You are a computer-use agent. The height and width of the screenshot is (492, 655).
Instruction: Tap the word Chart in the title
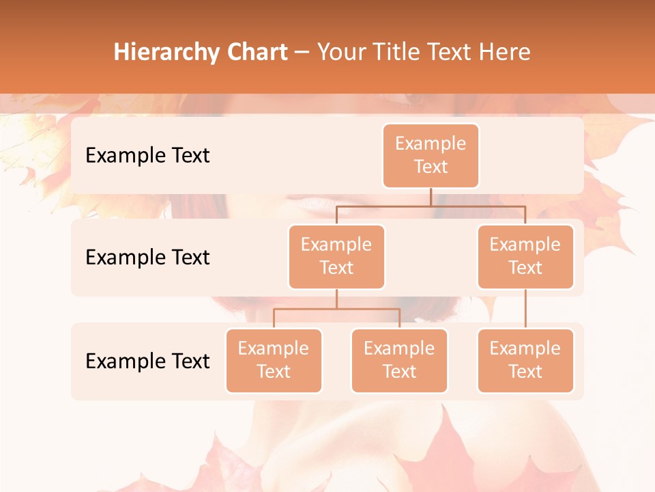[257, 53]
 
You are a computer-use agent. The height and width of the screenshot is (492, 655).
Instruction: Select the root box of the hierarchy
[431, 156]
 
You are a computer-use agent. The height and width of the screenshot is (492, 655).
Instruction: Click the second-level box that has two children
[336, 257]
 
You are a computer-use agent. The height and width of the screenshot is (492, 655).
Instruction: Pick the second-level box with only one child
[525, 257]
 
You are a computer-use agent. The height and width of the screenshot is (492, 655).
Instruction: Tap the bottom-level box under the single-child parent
[525, 361]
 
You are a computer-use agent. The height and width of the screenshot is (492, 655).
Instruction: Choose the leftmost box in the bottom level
[274, 361]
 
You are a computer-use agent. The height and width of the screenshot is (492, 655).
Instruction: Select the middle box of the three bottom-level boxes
[399, 361]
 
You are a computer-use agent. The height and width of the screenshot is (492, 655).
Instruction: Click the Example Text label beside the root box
[147, 156]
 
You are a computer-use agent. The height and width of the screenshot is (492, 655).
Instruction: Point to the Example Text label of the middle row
[147, 258]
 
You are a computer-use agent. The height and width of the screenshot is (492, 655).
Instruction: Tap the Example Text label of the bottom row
[147, 361]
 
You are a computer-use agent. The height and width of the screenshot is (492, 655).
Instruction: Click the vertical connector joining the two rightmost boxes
[525, 309]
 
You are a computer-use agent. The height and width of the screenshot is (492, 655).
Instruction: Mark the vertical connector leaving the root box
[431, 197]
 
